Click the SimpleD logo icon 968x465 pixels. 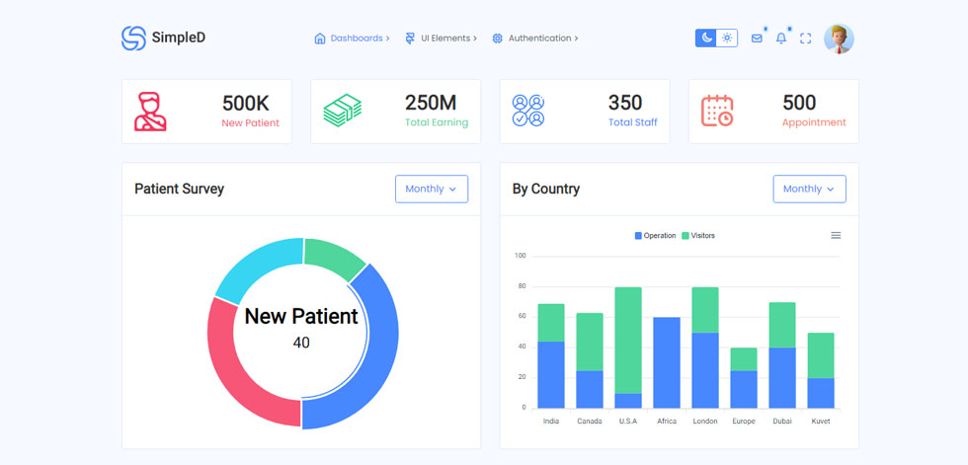[x=133, y=39]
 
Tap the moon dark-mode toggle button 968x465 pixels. [x=706, y=39]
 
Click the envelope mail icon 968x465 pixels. [x=757, y=39]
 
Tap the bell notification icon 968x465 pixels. [x=781, y=39]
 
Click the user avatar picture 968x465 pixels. [x=839, y=39]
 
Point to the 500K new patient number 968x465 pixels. [x=246, y=103]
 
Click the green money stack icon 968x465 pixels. [x=343, y=111]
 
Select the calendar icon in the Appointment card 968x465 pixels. [x=717, y=111]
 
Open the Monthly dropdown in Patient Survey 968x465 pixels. [x=432, y=189]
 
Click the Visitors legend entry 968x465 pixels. [x=698, y=236]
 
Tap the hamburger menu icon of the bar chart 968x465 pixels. [x=836, y=235]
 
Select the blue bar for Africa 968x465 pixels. [x=667, y=362]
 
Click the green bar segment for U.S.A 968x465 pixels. [x=628, y=341]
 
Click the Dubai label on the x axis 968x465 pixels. [x=782, y=422]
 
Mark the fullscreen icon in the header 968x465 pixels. [x=806, y=39]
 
